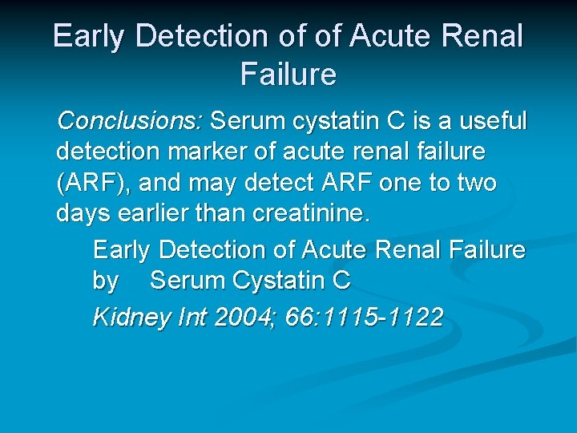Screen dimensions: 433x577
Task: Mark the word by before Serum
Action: pos(106,281)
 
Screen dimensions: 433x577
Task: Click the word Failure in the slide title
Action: pos(288,75)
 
